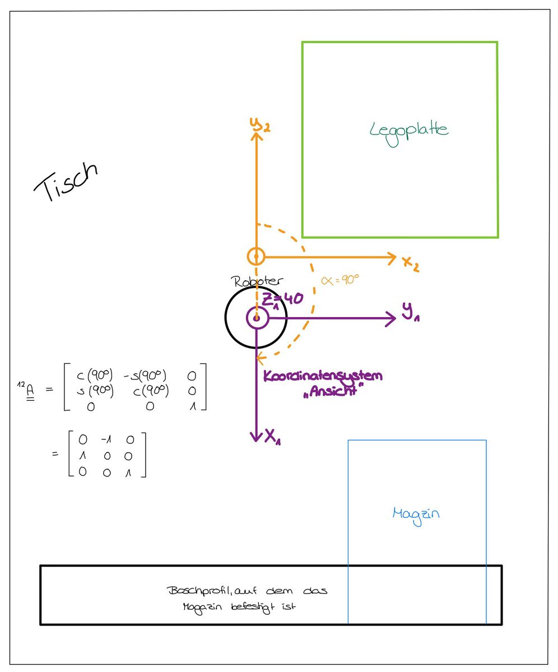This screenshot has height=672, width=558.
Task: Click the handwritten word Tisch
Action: click(x=66, y=182)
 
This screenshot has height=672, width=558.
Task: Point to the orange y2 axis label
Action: click(x=261, y=125)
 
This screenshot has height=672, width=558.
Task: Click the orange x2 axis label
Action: click(x=411, y=263)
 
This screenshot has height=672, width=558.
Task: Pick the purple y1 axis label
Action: click(x=411, y=312)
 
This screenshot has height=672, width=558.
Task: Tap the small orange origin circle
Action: click(x=256, y=257)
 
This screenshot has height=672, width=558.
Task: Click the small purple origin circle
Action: click(x=257, y=318)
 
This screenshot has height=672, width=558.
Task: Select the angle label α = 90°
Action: click(x=340, y=280)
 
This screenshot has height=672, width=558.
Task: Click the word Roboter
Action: click(x=257, y=281)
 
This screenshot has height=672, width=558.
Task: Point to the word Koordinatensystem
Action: click(x=323, y=376)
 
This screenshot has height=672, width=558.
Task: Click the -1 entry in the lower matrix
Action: click(x=106, y=439)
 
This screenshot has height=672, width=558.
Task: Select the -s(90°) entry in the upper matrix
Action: click(x=145, y=376)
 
